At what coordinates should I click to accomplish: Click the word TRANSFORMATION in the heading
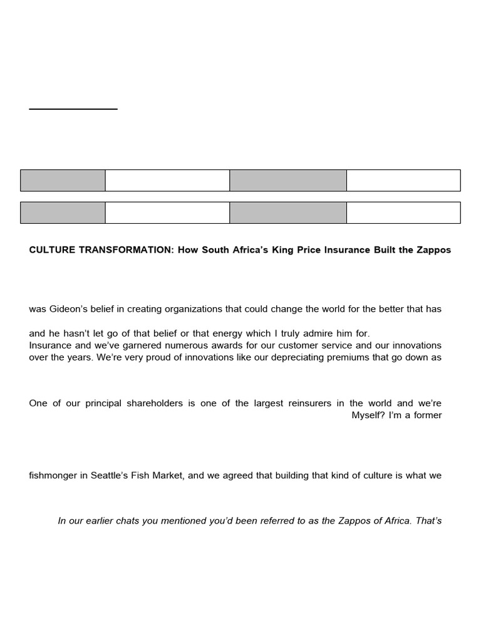122,250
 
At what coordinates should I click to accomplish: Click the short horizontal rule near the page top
73,109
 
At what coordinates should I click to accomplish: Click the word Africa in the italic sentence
400,521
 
